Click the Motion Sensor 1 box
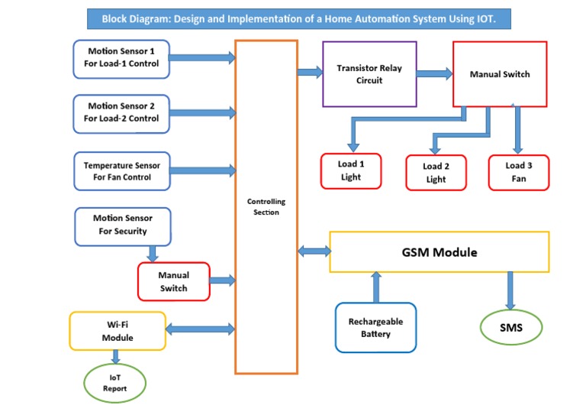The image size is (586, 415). pyautogui.click(x=121, y=58)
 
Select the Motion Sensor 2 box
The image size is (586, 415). pyautogui.click(x=121, y=112)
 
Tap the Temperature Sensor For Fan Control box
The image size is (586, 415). pyautogui.click(x=122, y=171)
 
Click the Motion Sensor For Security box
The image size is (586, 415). pyautogui.click(x=123, y=225)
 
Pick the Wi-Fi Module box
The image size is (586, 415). pyautogui.click(x=118, y=331)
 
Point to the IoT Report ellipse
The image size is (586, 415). pyautogui.click(x=115, y=383)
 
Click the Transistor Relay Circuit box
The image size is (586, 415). pyautogui.click(x=369, y=74)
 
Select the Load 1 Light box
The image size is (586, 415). pyautogui.click(x=351, y=171)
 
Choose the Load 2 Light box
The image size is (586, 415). pyautogui.click(x=436, y=173)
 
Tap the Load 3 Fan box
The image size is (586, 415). pyautogui.click(x=518, y=172)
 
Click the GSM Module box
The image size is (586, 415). pyautogui.click(x=439, y=252)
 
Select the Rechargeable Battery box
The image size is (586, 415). pyautogui.click(x=375, y=328)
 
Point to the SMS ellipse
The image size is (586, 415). pyautogui.click(x=511, y=327)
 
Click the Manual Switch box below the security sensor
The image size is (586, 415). pyautogui.click(x=173, y=281)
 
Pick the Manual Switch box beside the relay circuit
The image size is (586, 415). pyautogui.click(x=500, y=74)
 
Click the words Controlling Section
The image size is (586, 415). pyautogui.click(x=266, y=207)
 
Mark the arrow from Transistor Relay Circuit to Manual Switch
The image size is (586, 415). pyautogui.click(x=435, y=73)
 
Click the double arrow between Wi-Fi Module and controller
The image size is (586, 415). pyautogui.click(x=200, y=329)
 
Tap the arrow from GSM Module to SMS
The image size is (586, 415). pyautogui.click(x=510, y=290)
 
